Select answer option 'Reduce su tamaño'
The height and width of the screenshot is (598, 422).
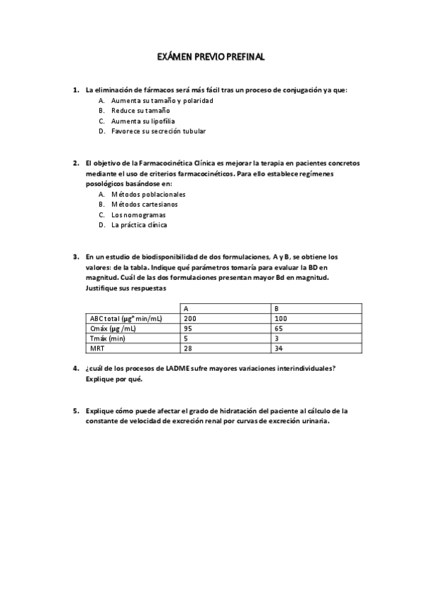pyautogui.click(x=140, y=111)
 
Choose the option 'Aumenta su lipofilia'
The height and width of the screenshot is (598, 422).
pyautogui.click(x=143, y=121)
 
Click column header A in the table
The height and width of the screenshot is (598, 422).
pyautogui.click(x=185, y=308)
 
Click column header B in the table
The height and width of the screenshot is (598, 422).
pyautogui.click(x=275, y=308)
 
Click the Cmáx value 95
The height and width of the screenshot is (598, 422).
pyautogui.click(x=187, y=329)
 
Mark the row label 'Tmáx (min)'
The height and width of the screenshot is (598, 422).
pyautogui.click(x=108, y=338)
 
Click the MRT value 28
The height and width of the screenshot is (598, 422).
pyautogui.click(x=187, y=348)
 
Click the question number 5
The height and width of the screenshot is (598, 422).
pyautogui.click(x=75, y=410)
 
